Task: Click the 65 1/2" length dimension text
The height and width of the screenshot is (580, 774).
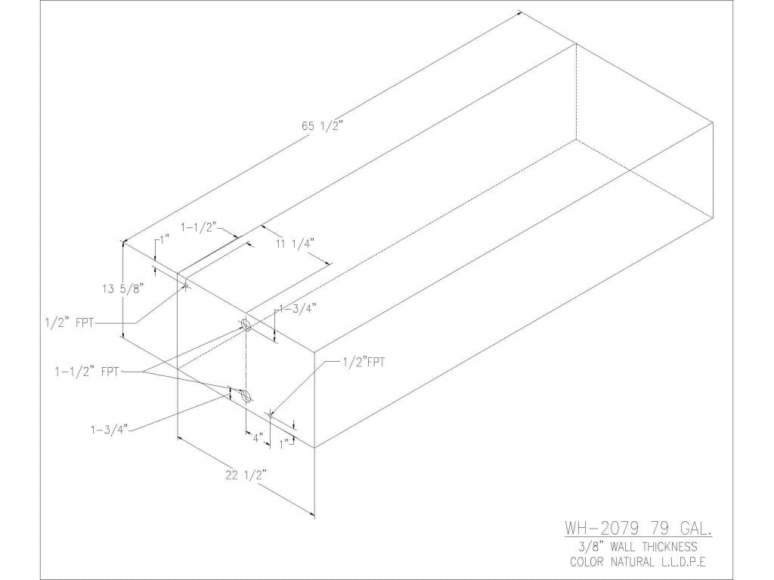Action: [x=323, y=127]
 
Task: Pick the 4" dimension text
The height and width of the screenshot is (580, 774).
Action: [x=257, y=437]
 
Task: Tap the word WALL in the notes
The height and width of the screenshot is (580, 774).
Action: [x=619, y=546]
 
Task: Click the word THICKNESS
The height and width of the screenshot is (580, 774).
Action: [x=675, y=546]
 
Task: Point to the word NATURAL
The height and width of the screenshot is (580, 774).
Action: [x=636, y=562]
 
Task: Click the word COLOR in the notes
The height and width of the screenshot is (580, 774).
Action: [x=590, y=562]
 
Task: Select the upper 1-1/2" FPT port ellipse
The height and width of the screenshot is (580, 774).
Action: [x=246, y=325]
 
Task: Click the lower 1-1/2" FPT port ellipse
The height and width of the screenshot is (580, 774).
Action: [x=244, y=396]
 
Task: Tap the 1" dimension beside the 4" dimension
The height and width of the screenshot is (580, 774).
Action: [x=285, y=444]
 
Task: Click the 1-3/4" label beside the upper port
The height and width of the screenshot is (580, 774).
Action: [x=297, y=307]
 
